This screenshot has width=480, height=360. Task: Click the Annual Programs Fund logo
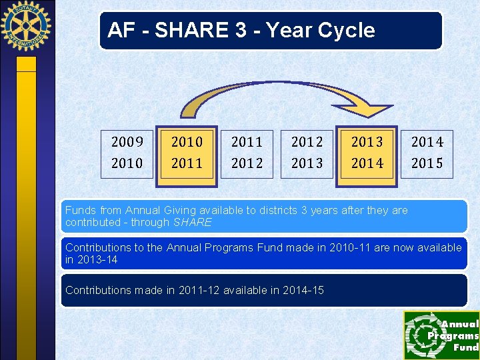441,335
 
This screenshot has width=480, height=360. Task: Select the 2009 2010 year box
127,153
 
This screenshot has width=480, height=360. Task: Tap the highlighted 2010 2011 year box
187,153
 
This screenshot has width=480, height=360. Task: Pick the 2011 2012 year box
247,153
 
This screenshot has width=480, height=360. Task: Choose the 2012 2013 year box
307,153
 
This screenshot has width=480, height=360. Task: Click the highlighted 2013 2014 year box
367,153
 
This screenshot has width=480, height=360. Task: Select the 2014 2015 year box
427,153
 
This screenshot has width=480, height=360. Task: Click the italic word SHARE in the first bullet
192,222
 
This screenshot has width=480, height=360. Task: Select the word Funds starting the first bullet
80,211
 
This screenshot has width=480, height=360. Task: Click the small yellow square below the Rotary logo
26,63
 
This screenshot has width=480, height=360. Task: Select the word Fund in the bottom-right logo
465,347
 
